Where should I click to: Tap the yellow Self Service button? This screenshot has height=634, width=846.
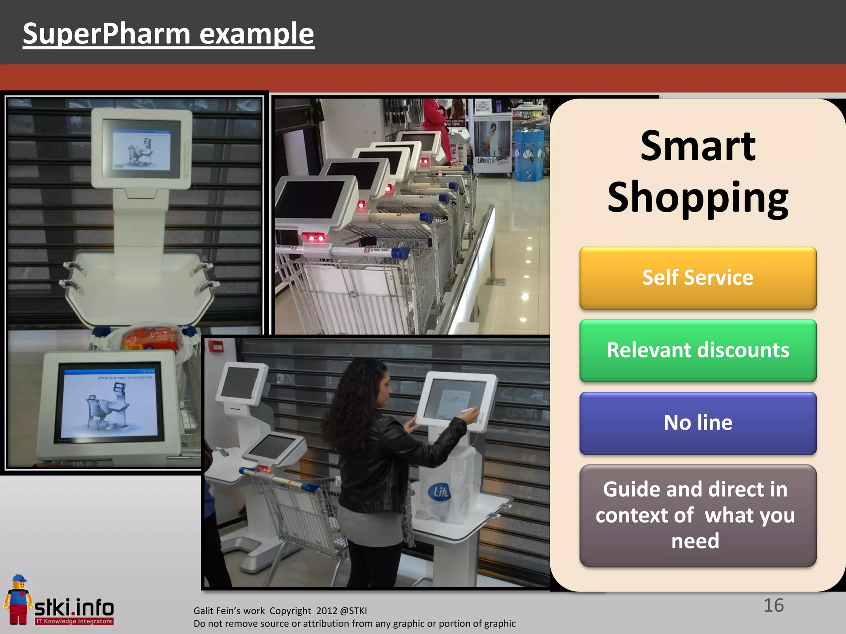click(x=698, y=278)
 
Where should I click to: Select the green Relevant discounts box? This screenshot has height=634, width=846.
click(x=698, y=350)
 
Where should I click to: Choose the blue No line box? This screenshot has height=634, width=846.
click(x=698, y=423)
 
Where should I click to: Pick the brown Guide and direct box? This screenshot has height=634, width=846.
click(x=698, y=516)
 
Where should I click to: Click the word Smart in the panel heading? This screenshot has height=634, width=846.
click(x=698, y=147)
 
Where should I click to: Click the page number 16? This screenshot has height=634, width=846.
click(x=773, y=606)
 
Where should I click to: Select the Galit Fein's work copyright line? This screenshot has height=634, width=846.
click(x=280, y=611)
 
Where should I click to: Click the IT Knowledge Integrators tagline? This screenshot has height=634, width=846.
click(x=74, y=621)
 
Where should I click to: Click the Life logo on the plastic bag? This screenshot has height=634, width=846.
click(x=440, y=492)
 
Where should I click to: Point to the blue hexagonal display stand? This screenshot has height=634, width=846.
click(x=529, y=155)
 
